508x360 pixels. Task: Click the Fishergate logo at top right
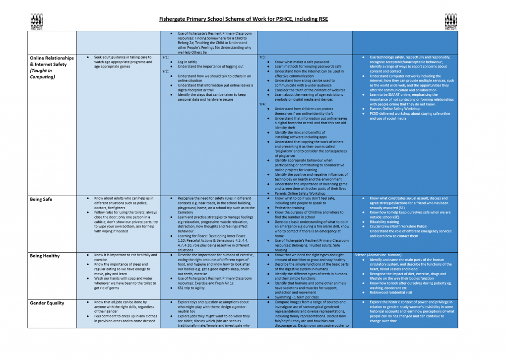pos(450,21)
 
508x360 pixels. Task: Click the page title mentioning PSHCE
pos(244,20)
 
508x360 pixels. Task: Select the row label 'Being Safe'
pos(41,199)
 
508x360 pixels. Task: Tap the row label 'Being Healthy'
pos(45,256)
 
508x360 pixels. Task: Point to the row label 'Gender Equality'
pos(47,302)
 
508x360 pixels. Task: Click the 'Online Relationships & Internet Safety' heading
pos(52,61)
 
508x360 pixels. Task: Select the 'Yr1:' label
pos(166,57)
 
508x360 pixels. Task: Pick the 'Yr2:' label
pos(166,71)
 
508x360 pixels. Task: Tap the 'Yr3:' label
pos(262,57)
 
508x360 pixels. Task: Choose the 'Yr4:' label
pos(262,104)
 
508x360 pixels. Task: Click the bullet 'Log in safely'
pos(188,62)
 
